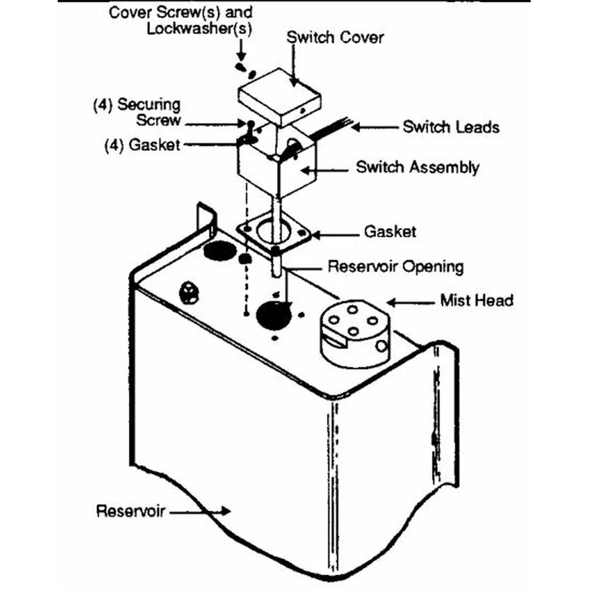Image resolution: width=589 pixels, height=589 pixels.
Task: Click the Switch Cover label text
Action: click(335, 38)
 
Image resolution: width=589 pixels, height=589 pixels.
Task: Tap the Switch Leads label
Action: click(451, 127)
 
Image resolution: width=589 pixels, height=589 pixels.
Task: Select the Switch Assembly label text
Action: click(417, 167)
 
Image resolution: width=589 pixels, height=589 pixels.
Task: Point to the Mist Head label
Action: click(477, 300)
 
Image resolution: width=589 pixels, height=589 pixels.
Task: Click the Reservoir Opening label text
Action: click(395, 266)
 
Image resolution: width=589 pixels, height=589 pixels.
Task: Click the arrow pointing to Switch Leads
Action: click(376, 127)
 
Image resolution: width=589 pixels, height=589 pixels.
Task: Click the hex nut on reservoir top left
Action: click(190, 291)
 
